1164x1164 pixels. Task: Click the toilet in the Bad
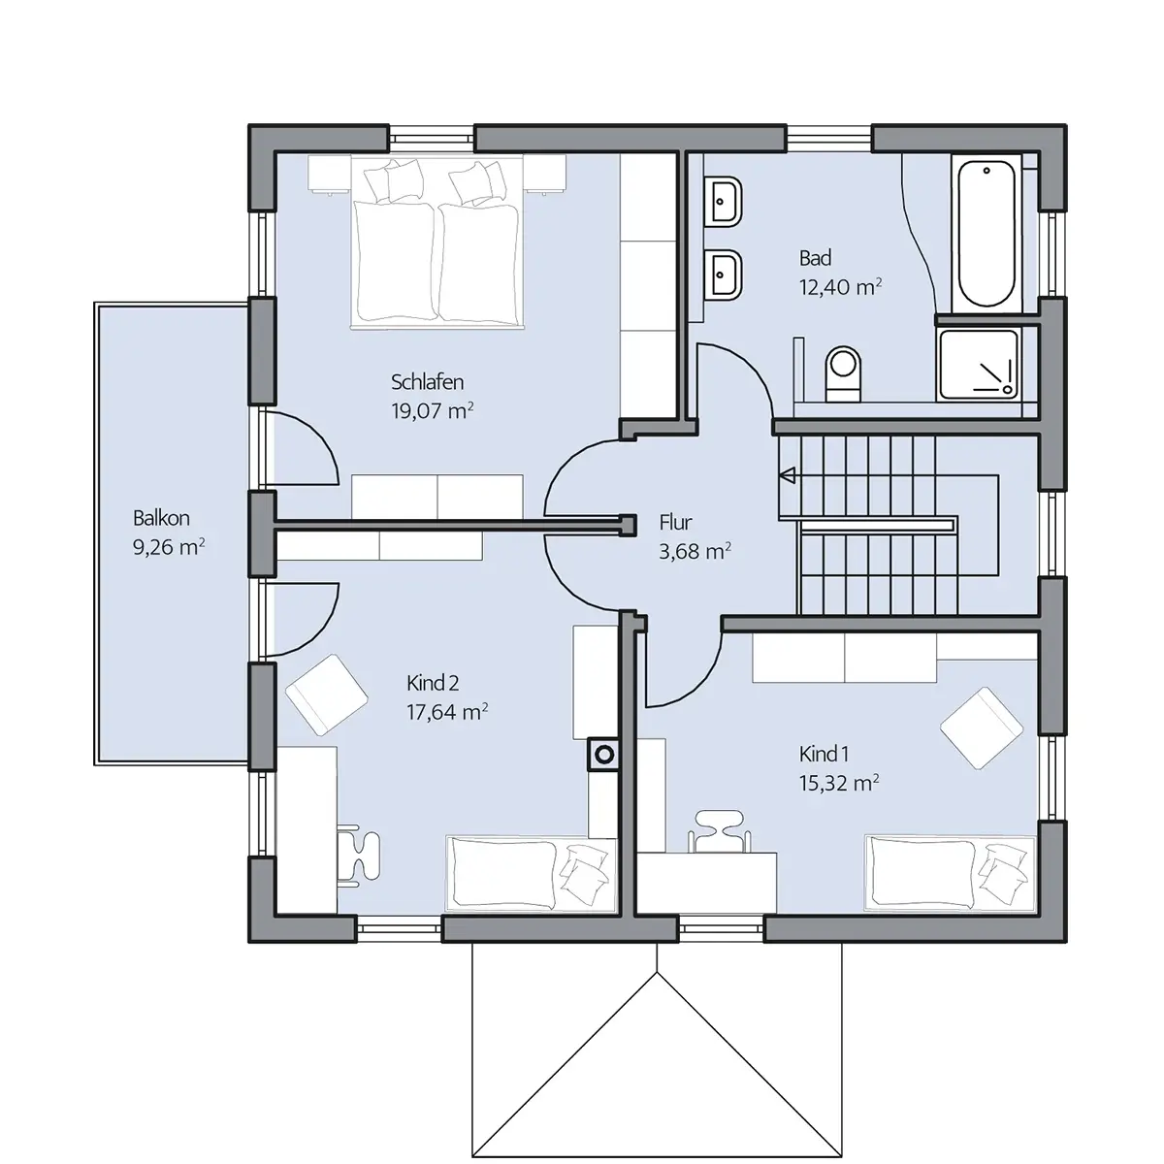[x=843, y=374]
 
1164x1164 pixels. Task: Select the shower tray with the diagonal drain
[x=979, y=365]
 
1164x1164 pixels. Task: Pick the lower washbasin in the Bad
[x=724, y=275]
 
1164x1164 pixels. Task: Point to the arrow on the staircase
[x=787, y=475]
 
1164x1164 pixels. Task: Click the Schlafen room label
[x=427, y=382]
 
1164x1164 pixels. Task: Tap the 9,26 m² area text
[x=169, y=547]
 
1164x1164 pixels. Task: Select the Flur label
[x=675, y=522]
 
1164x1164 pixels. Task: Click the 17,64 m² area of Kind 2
[x=447, y=712]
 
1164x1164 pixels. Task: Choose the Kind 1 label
[x=824, y=754]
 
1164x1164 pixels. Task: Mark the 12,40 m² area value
[x=840, y=287]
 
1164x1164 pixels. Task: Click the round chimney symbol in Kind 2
[x=604, y=755]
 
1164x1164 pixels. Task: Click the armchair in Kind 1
[x=982, y=727]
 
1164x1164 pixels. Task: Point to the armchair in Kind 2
[x=327, y=695]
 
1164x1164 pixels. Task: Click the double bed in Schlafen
[x=437, y=242]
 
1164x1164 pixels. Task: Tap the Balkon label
[x=161, y=518]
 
